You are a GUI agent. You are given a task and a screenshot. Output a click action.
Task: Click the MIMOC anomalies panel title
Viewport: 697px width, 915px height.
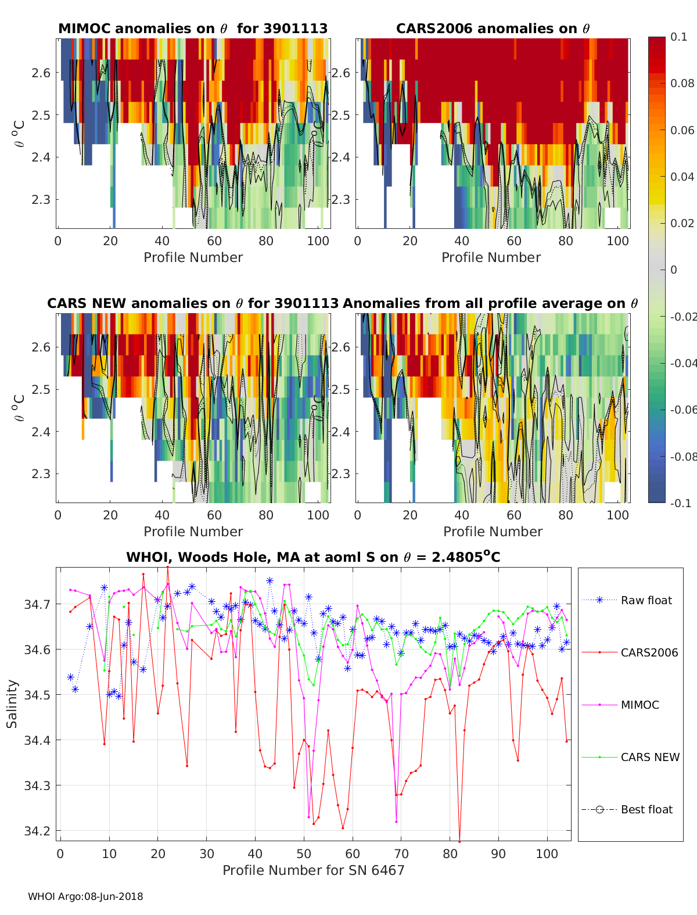(193, 28)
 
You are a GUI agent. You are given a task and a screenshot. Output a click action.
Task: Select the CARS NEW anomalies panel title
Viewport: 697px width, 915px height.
(193, 303)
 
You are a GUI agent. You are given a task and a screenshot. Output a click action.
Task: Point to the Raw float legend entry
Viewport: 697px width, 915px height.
(646, 600)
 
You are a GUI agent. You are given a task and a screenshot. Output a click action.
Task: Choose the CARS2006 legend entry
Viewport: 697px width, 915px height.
(649, 652)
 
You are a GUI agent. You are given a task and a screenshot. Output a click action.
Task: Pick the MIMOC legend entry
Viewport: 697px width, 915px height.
(639, 705)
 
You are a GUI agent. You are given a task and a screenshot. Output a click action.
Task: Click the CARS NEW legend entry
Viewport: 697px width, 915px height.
(649, 757)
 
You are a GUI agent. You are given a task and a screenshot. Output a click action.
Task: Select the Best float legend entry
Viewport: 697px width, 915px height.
(646, 809)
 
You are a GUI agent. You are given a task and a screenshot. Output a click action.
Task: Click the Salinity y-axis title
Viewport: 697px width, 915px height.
(12, 704)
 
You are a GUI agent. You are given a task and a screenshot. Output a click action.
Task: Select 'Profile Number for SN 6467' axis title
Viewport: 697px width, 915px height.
(313, 870)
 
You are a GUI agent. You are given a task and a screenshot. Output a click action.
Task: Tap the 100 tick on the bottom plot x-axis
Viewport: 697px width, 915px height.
(547, 853)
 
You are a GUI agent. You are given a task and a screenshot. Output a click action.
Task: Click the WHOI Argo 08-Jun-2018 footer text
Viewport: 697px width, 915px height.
(85, 896)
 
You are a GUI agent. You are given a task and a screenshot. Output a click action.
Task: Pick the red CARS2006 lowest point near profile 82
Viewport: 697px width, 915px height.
(459, 841)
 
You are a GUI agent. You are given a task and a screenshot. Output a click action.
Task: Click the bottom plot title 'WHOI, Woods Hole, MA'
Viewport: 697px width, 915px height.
(313, 558)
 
